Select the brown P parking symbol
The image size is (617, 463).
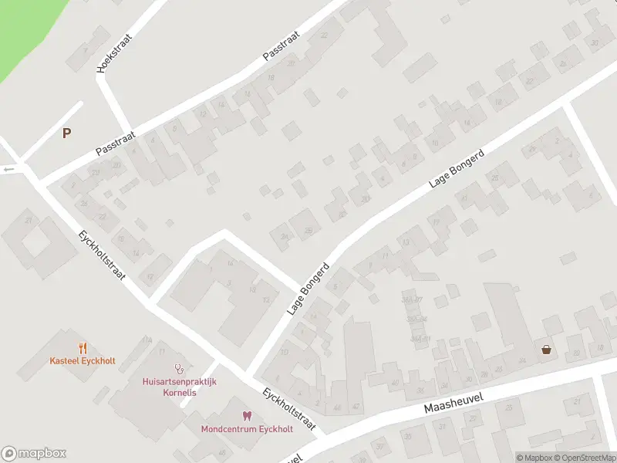pyautogui.click(x=67, y=133)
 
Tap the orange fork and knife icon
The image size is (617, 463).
pyautogui.click(x=83, y=348)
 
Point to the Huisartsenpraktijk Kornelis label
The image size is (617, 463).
pyautogui.click(x=180, y=387)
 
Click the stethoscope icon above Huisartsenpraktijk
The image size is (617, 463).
pyautogui.click(x=180, y=368)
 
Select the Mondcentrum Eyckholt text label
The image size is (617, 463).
pyautogui.click(x=247, y=429)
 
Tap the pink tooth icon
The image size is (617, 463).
pyautogui.click(x=247, y=416)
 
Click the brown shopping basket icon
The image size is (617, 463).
pyautogui.click(x=547, y=350)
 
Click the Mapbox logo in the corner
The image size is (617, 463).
pyautogui.click(x=34, y=454)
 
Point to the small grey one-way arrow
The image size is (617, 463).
pyautogui.click(x=9, y=169)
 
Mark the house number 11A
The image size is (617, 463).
pyautogui.click(x=147, y=340)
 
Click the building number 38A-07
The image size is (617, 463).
pyautogui.click(x=412, y=299)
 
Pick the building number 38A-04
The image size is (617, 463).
pyautogui.click(x=417, y=319)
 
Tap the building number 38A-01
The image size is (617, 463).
pyautogui.click(x=420, y=338)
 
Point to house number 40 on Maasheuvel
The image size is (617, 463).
pyautogui.click(x=396, y=383)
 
